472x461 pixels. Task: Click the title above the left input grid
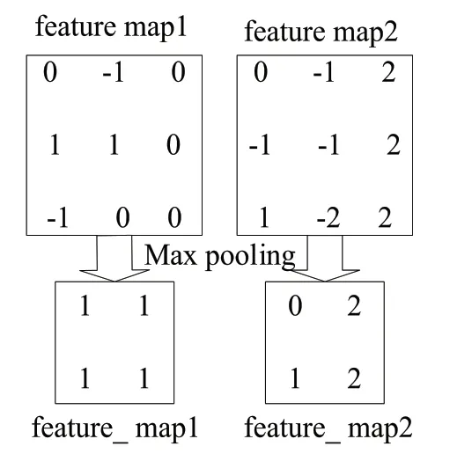point(111,28)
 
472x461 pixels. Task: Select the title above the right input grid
point(321,33)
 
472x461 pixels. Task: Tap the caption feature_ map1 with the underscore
point(114,428)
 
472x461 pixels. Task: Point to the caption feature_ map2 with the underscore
point(328,428)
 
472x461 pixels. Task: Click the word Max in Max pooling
point(170,255)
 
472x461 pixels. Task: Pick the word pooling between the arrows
point(250,257)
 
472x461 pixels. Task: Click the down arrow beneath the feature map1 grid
point(114,259)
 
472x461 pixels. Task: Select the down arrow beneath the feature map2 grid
point(325,259)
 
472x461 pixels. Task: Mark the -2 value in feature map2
point(328,217)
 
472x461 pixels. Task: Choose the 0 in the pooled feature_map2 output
point(295,305)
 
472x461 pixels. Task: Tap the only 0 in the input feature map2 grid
point(261,72)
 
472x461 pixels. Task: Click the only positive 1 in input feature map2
point(264,217)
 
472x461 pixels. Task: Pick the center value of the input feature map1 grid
point(114,145)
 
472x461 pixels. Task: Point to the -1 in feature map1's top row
point(114,72)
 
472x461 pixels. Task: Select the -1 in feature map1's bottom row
point(57,217)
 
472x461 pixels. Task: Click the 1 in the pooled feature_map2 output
point(295,378)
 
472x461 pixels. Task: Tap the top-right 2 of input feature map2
point(388,72)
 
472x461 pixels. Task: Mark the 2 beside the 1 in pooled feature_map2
point(354,378)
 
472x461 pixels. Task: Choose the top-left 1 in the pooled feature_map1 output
point(85,305)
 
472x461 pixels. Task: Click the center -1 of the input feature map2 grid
point(328,145)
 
